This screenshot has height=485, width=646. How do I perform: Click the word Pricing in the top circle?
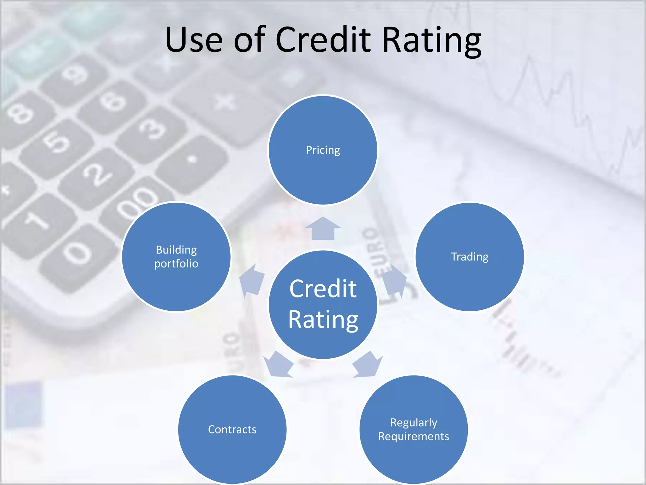323,150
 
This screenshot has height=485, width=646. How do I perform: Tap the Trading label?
470,257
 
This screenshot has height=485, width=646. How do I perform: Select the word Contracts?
232,429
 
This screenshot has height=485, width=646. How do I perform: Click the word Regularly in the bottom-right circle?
414,422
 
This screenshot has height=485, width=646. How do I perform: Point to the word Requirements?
414,436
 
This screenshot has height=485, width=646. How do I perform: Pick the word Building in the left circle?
176,250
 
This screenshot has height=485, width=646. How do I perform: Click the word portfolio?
176,264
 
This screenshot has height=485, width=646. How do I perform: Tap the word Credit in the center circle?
323,289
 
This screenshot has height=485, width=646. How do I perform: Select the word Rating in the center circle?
323,320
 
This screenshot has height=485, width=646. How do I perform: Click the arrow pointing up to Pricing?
323,228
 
